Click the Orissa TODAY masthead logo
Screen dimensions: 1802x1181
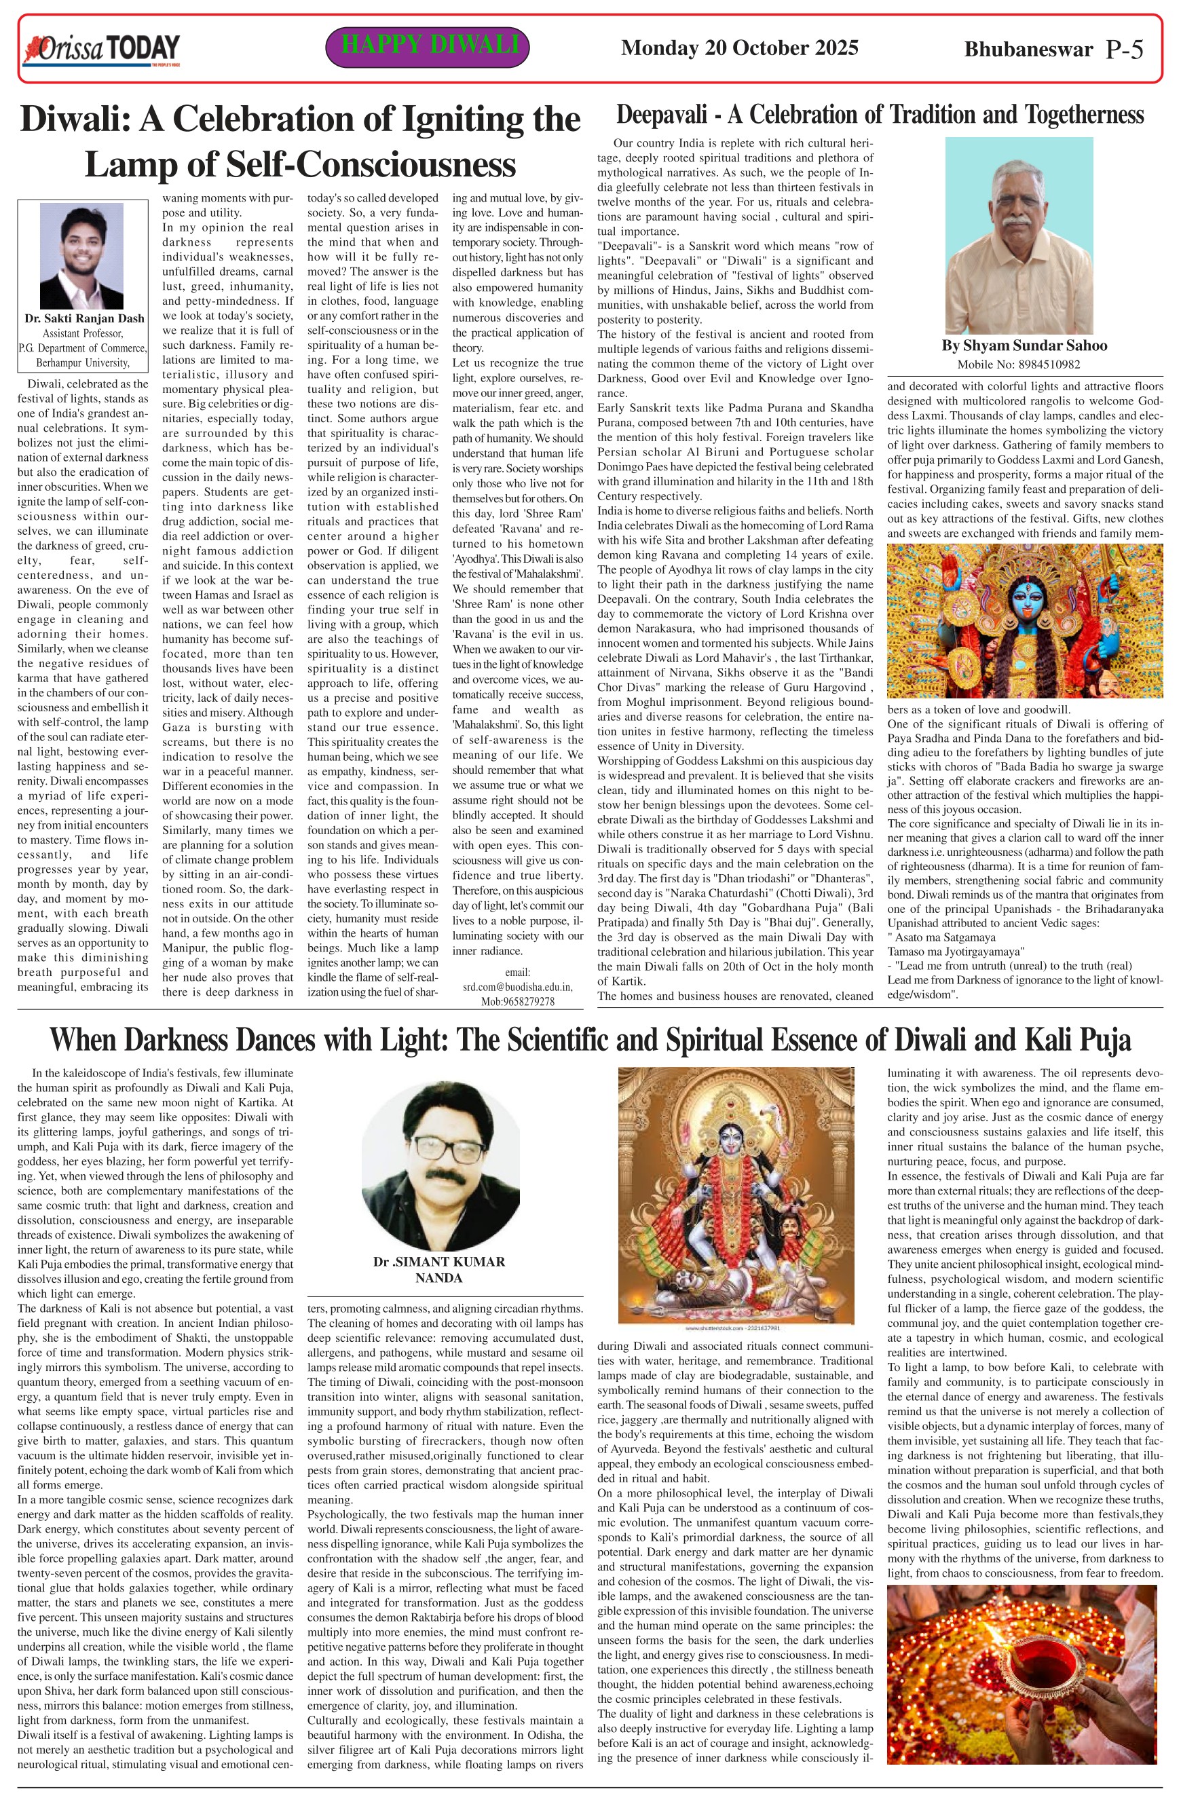click(101, 50)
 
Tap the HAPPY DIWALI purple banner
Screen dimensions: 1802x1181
click(427, 46)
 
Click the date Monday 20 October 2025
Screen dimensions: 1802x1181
click(739, 48)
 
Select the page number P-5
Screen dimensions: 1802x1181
click(1123, 50)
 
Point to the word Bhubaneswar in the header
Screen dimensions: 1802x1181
click(1028, 50)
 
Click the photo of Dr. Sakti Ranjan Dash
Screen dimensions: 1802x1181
click(81, 255)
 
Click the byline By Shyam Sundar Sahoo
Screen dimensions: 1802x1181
click(1024, 346)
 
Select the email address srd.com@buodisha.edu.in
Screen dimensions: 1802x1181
click(518, 988)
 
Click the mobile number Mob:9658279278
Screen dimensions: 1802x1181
click(518, 1002)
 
